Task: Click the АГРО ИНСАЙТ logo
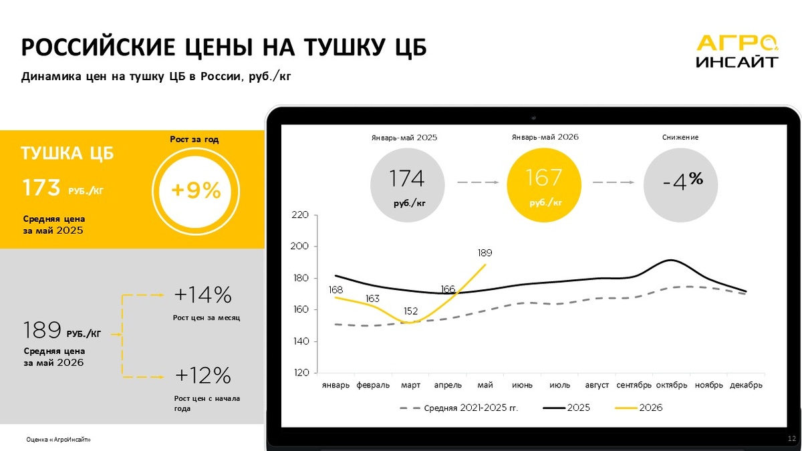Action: (x=737, y=51)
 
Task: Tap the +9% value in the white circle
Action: (x=196, y=190)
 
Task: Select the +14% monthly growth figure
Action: (x=203, y=295)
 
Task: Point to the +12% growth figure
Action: (x=203, y=375)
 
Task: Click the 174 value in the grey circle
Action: (x=407, y=178)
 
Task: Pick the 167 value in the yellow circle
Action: (x=543, y=178)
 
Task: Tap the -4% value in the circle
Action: (x=683, y=181)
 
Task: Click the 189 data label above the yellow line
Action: (x=485, y=253)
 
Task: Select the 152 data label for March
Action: (x=410, y=311)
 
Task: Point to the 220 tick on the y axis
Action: (x=300, y=214)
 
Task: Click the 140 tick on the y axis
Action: (x=301, y=341)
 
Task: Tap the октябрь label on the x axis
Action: (x=671, y=385)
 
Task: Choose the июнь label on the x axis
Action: (x=522, y=385)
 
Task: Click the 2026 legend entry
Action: (x=638, y=408)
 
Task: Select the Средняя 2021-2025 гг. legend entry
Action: (x=458, y=408)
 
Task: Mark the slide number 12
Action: (x=791, y=438)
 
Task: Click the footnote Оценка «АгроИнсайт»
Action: (x=58, y=439)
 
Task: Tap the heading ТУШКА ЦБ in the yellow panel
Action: (x=68, y=153)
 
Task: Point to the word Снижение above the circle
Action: (x=680, y=137)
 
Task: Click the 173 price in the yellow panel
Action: (x=41, y=188)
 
